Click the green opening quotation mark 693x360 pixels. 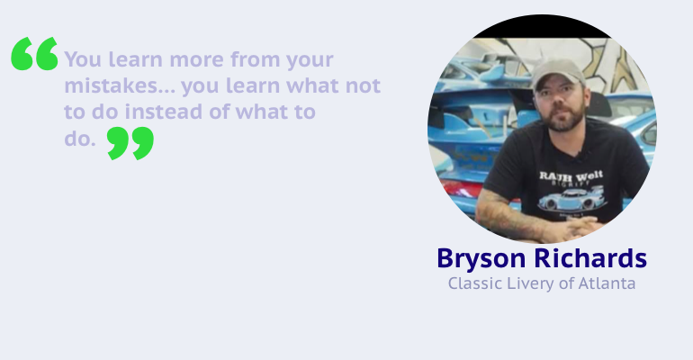[x=34, y=53]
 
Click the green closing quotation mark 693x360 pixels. [x=130, y=143]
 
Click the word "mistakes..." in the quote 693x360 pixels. [x=121, y=85]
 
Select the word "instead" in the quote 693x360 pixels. [x=164, y=112]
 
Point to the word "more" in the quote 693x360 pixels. [x=197, y=59]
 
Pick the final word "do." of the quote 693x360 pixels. [x=80, y=139]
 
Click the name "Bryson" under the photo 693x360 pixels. [x=481, y=259]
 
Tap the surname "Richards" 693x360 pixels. [x=591, y=258]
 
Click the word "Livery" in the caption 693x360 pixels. [x=530, y=283]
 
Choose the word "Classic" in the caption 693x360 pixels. [x=475, y=283]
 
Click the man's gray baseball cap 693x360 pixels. [x=558, y=73]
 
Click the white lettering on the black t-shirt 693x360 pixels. [x=571, y=176]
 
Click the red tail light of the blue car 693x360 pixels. [x=458, y=189]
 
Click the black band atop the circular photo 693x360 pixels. [x=543, y=27]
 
